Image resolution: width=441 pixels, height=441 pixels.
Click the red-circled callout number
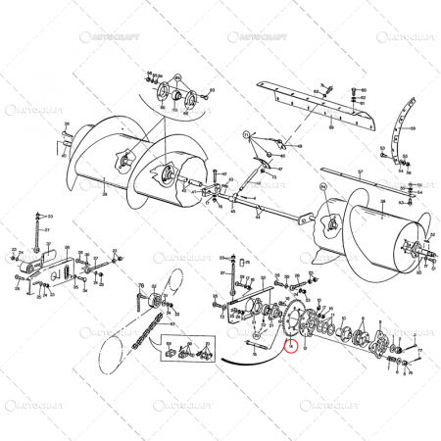pyautogui.click(x=290, y=345)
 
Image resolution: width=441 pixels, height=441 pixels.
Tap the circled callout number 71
pyautogui.click(x=247, y=133)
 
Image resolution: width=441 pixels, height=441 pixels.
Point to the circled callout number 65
pyautogui.click(x=177, y=79)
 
